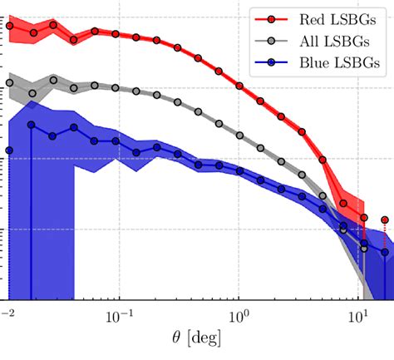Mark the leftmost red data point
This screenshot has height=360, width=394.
tap(9, 26)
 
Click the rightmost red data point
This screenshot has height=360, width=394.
tap(385, 220)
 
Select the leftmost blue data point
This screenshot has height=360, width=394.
tap(9, 150)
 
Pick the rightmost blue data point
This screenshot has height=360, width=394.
tap(385, 251)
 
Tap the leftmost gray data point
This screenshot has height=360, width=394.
tap(9, 83)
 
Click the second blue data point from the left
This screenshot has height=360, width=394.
tap(31, 125)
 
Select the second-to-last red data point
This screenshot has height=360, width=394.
tap(363, 217)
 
